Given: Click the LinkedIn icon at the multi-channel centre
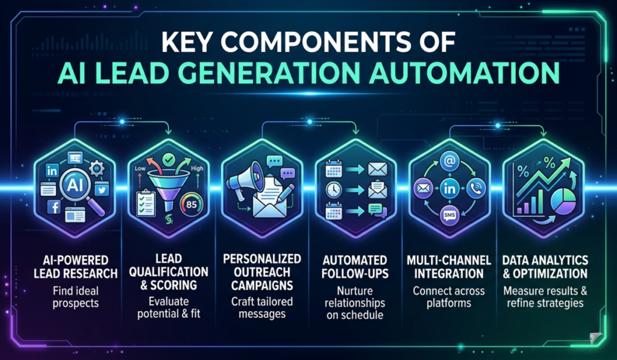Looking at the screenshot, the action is [x=448, y=188].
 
